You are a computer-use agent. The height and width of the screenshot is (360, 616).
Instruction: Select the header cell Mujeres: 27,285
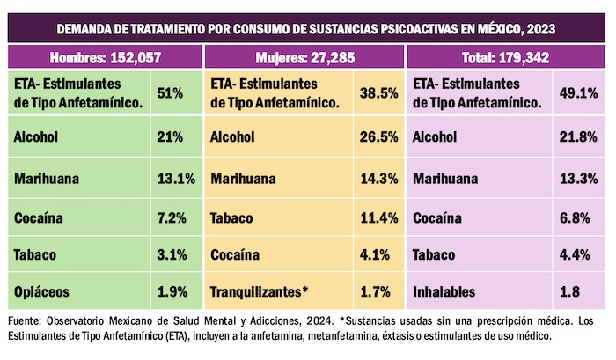pos(304,59)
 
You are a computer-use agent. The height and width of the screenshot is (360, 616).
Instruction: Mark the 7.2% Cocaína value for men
pos(171,215)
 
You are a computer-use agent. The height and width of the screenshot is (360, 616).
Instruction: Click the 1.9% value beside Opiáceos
pos(171,291)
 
